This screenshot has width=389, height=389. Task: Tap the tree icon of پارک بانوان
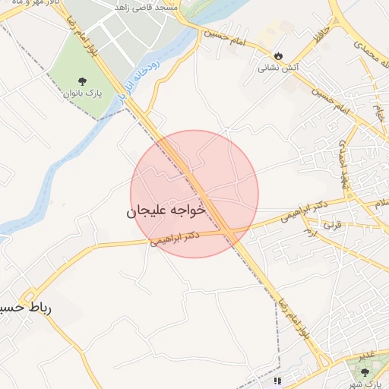(82, 81)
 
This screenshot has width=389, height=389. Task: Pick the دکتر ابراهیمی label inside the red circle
(175, 238)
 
